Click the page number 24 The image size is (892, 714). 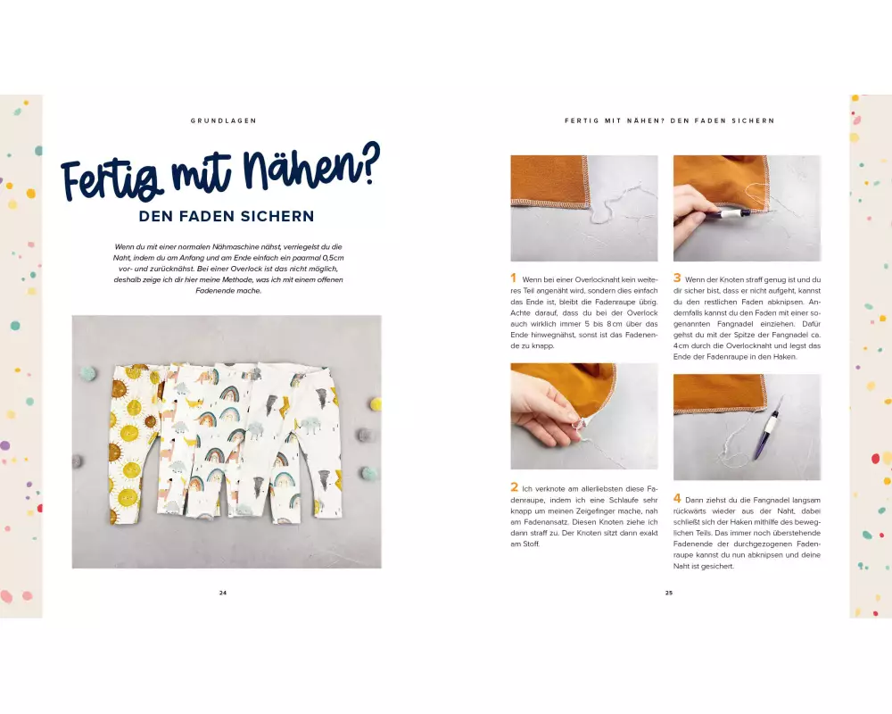223,593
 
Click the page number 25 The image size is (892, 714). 669,593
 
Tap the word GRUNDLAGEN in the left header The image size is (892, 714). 224,120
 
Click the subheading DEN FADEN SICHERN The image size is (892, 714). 227,216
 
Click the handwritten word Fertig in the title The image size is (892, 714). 112,177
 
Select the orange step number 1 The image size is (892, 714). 513,278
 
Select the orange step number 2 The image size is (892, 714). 515,487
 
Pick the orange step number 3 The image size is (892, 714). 677,278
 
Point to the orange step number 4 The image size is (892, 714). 677,498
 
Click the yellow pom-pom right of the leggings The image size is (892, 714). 376,405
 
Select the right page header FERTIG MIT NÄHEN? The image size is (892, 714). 615,120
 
